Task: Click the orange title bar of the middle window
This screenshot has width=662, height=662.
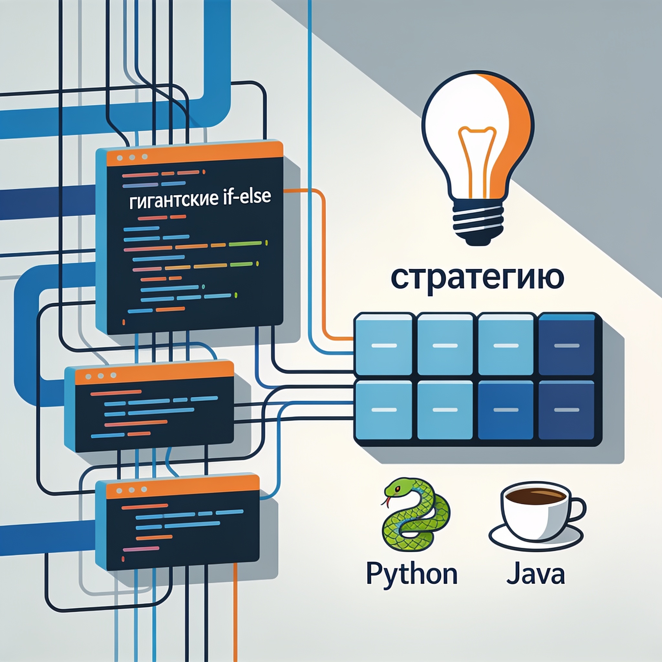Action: point(154,373)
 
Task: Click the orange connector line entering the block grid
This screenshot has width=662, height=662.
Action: point(324,261)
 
